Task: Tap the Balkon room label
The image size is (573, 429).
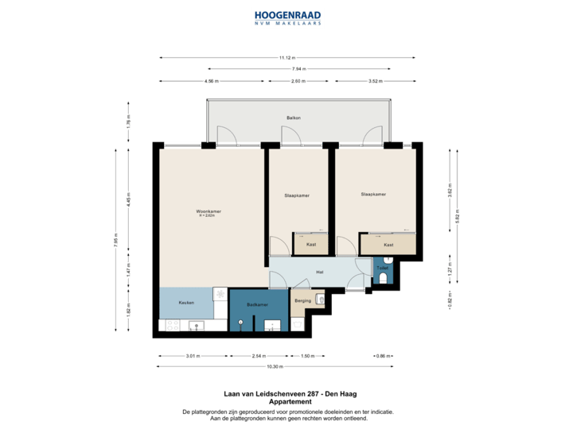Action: coord(294,118)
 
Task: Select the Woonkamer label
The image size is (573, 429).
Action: coord(209,212)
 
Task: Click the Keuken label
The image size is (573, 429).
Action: coord(186,303)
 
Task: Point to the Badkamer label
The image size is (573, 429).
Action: coord(257,304)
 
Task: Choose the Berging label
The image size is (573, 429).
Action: coord(302,302)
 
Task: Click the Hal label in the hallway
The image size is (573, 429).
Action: coord(319,272)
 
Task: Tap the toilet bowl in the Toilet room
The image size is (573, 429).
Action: coord(384,278)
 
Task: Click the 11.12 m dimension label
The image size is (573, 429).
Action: coord(286,57)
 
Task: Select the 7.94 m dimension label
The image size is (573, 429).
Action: coord(298,69)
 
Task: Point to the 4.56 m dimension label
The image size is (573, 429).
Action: coord(211,81)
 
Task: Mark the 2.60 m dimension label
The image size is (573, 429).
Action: coord(298,81)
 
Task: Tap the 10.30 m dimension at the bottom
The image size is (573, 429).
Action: coord(275,366)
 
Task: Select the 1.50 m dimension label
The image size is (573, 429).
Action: coord(307,356)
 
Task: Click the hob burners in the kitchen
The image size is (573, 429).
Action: coord(220,294)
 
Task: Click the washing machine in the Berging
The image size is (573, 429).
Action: coord(320,299)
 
